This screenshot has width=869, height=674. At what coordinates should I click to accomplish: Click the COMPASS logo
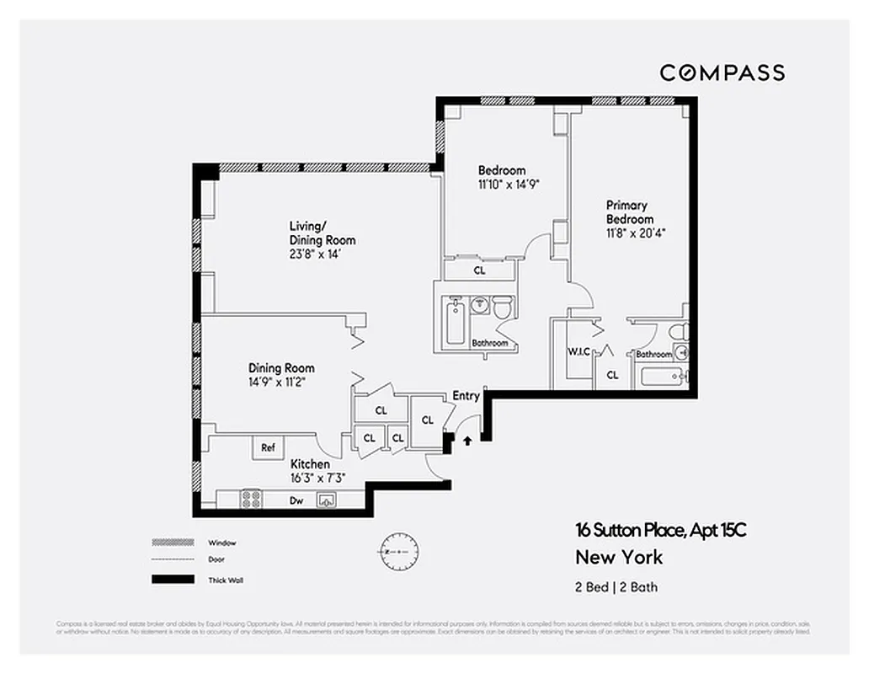[722, 73]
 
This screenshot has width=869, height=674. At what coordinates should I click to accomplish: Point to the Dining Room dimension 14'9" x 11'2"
[280, 382]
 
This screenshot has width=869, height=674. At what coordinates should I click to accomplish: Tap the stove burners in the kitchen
[251, 499]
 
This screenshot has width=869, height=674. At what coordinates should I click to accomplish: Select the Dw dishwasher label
[296, 500]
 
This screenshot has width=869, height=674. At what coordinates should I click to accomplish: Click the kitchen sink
[327, 500]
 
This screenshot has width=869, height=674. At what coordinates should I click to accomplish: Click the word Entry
[466, 396]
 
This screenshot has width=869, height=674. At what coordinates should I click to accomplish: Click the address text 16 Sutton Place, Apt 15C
[661, 530]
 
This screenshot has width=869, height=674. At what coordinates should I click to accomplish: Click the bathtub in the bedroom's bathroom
[455, 322]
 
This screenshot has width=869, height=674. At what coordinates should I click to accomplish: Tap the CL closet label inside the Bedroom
[479, 271]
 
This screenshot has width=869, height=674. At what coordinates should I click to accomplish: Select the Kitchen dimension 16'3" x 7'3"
[317, 479]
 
